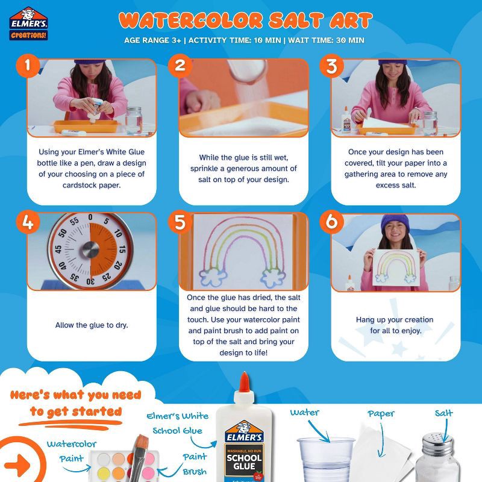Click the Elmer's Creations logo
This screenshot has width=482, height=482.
(x=29, y=23)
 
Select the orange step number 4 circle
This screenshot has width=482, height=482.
(x=27, y=222)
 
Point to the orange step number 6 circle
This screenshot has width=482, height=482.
(x=331, y=222)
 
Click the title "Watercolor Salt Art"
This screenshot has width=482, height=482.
(x=245, y=20)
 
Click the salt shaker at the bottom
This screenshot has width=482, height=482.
(x=436, y=458)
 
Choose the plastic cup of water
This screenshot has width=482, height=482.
(x=325, y=459)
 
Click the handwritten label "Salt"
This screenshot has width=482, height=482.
(x=443, y=413)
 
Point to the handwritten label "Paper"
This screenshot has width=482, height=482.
(x=381, y=414)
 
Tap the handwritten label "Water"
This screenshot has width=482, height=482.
(x=305, y=413)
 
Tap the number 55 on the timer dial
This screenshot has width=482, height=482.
(x=74, y=221)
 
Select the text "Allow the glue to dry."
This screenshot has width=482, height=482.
(x=92, y=325)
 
